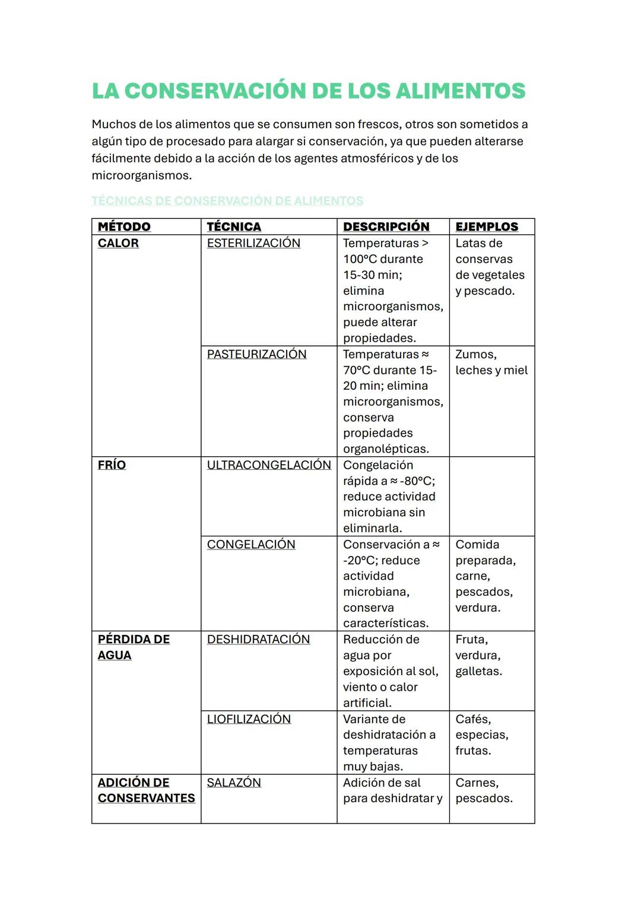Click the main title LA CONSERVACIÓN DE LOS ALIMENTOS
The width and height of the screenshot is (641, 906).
(x=308, y=91)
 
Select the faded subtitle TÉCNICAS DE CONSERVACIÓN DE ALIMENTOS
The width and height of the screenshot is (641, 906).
(x=227, y=201)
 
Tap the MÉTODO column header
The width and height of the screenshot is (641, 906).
(x=124, y=227)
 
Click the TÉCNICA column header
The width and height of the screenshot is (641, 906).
(x=234, y=227)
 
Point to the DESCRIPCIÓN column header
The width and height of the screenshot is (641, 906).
(x=386, y=227)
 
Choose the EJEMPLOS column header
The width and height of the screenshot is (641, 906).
(x=486, y=227)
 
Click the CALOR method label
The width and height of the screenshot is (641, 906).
(x=118, y=243)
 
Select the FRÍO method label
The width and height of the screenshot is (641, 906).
(x=112, y=465)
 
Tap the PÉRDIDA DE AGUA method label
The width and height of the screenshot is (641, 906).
(x=134, y=647)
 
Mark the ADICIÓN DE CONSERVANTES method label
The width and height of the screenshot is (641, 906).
(x=146, y=790)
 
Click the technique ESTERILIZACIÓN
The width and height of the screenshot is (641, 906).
(x=253, y=243)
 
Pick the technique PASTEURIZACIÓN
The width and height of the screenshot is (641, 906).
(x=256, y=354)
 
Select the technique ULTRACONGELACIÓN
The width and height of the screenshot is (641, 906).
(x=269, y=465)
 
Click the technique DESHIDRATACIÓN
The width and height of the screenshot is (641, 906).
(x=258, y=640)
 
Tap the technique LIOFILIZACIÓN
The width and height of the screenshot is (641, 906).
(x=249, y=719)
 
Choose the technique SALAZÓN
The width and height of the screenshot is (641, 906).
(x=234, y=783)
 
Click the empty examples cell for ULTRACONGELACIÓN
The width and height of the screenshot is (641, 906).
(x=491, y=496)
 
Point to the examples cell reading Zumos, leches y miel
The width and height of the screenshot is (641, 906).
(x=491, y=363)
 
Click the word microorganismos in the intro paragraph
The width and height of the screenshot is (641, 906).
(x=141, y=176)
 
